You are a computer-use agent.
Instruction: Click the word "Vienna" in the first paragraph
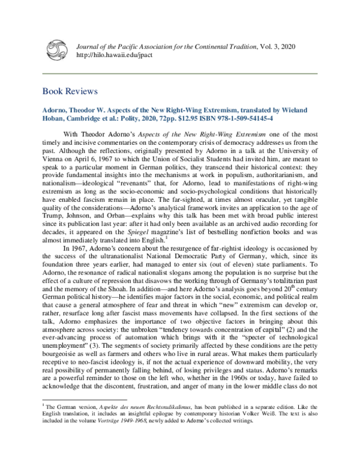coord(54,153)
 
